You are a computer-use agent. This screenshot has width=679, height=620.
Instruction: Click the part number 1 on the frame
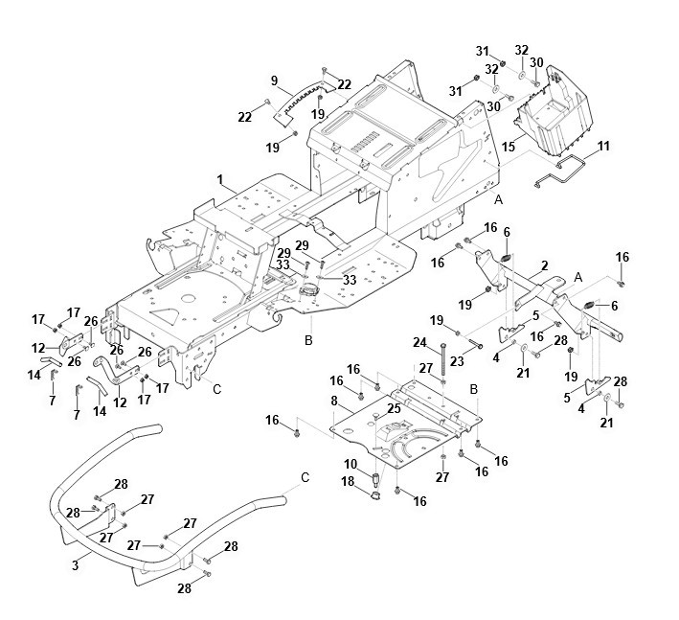click(x=219, y=181)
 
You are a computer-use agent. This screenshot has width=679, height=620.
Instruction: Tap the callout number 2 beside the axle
click(x=544, y=264)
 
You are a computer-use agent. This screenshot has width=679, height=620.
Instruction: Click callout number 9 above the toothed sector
click(x=274, y=80)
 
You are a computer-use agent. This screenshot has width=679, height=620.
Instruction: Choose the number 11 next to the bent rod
click(x=602, y=146)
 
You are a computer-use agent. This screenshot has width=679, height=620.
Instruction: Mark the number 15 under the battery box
click(x=509, y=147)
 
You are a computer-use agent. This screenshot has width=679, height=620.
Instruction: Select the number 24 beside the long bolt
click(x=419, y=341)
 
